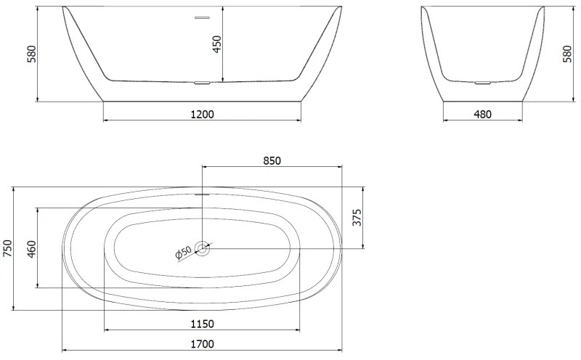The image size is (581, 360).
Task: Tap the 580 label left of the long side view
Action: [x=31, y=54]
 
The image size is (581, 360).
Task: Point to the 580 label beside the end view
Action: [x=567, y=54]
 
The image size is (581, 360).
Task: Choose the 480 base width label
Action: [x=482, y=114]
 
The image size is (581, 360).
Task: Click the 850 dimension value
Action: [x=271, y=160]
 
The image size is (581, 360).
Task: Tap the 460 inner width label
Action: [x=31, y=248]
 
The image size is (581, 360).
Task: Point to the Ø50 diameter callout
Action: [x=183, y=252]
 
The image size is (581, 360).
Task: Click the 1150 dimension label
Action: [x=202, y=324]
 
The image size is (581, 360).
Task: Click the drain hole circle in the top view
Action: [x=202, y=248]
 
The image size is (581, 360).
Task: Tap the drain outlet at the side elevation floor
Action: [x=201, y=83]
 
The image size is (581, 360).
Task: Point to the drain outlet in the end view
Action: [x=482, y=83]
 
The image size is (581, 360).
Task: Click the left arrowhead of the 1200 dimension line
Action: [x=107, y=120]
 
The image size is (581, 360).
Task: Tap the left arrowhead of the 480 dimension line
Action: [x=445, y=120]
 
